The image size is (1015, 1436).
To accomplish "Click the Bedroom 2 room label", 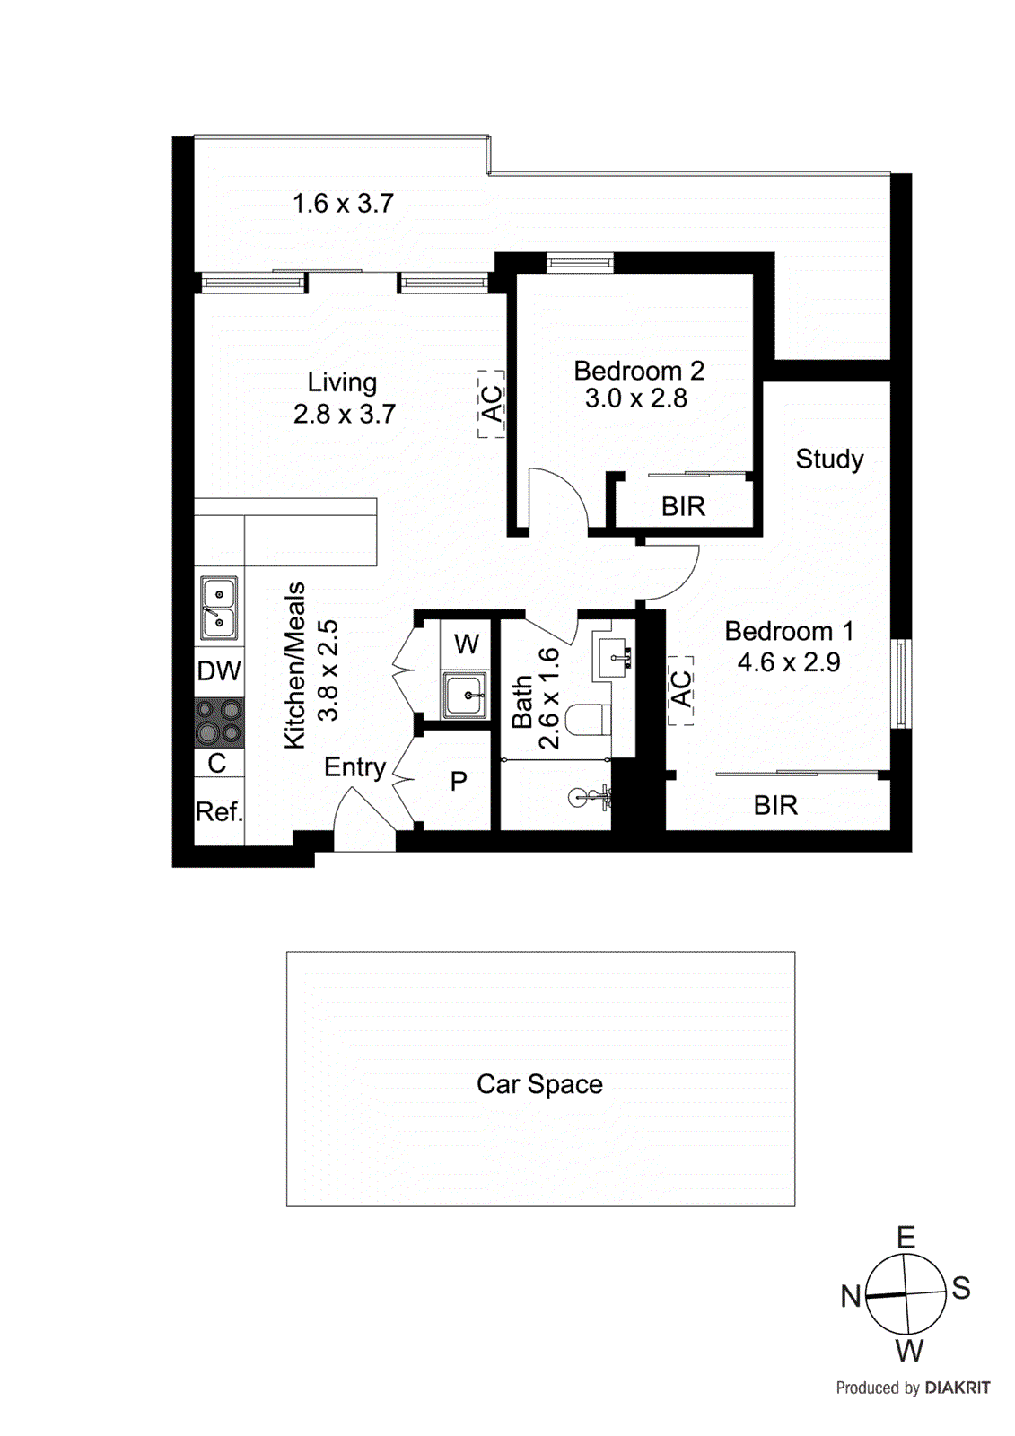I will tap(638, 371).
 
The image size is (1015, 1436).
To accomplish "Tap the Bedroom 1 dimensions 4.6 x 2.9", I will tap(789, 662).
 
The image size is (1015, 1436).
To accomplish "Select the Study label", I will tap(829, 460).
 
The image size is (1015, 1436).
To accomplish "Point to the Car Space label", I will tap(539, 1084).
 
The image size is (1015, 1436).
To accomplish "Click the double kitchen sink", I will tap(219, 608).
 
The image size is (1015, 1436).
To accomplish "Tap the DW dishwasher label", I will tap(219, 670).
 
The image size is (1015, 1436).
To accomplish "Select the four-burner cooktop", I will tap(220, 722).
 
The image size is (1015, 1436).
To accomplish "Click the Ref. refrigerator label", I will tap(219, 811).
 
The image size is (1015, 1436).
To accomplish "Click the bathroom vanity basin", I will tap(613, 658).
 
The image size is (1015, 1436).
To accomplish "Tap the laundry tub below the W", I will tap(465, 695).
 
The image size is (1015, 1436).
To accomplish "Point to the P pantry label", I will tap(459, 781).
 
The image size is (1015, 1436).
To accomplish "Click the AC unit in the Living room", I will tap(491, 404).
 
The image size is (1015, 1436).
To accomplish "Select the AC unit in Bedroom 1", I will tap(681, 690).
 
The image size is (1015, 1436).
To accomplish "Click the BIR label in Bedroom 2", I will tap(683, 507).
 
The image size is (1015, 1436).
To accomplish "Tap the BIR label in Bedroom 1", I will tap(775, 805).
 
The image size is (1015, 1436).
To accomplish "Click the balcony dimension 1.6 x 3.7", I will tap(343, 204).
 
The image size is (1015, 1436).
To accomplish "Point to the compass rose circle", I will tap(906, 1294).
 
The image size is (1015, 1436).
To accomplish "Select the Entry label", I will tap(354, 767).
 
